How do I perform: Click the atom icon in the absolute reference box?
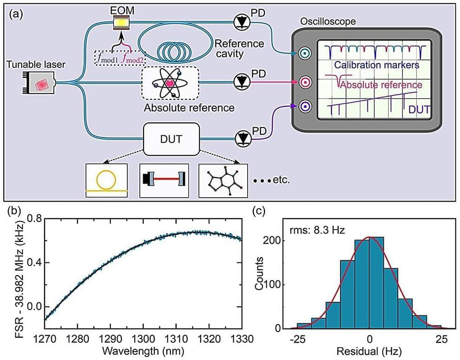(x=171, y=83)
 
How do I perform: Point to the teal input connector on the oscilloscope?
(x=305, y=53)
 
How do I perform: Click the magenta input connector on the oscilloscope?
(x=305, y=83)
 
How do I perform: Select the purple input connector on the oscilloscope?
(x=305, y=107)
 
